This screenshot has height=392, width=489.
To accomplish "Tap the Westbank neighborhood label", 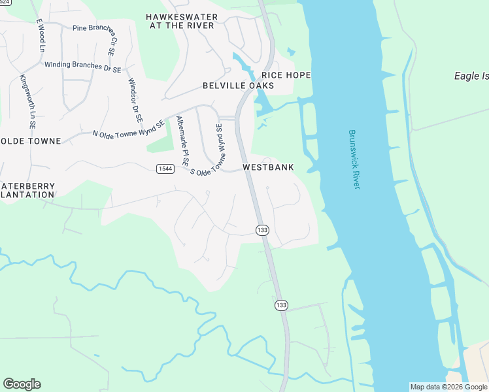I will point(268,167).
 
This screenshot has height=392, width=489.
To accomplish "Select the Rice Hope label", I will point(286,75).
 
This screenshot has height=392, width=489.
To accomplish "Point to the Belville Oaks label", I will point(238,86).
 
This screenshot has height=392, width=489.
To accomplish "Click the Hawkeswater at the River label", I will point(181,21).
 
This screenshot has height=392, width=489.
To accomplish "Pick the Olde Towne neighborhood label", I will point(31,141).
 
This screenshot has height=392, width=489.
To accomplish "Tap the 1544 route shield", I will point(165,169).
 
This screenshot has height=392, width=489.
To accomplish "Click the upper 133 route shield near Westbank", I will point(262,229).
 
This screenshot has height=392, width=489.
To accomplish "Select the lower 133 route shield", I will point(281,305).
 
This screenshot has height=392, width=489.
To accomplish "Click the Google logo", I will point(22,384).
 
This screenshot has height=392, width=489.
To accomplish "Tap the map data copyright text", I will point(448,387).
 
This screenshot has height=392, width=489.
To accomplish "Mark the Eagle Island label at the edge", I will point(471,76).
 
